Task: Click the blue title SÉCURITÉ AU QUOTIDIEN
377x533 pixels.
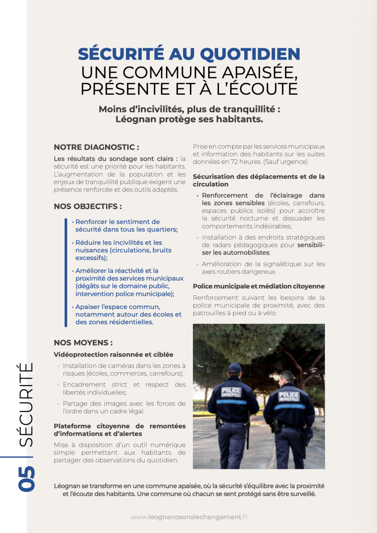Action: pyautogui.click(x=189, y=54)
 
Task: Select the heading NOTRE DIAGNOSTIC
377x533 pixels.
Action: pyautogui.click(x=96, y=147)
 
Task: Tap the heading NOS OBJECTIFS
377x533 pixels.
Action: pyautogui.click(x=88, y=206)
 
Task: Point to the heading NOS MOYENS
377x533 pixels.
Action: pyautogui.click(x=83, y=343)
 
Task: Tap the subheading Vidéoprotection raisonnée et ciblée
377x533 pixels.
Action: pyautogui.click(x=113, y=355)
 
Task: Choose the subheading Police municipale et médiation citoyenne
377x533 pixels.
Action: pyautogui.click(x=259, y=286)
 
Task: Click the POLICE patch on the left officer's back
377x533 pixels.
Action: pyautogui.click(x=231, y=391)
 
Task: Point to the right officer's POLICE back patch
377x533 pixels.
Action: pyautogui.click(x=289, y=396)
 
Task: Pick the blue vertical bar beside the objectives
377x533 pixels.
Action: pyautogui.click(x=65, y=272)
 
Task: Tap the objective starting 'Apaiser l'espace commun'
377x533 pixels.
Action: pyautogui.click(x=128, y=315)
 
